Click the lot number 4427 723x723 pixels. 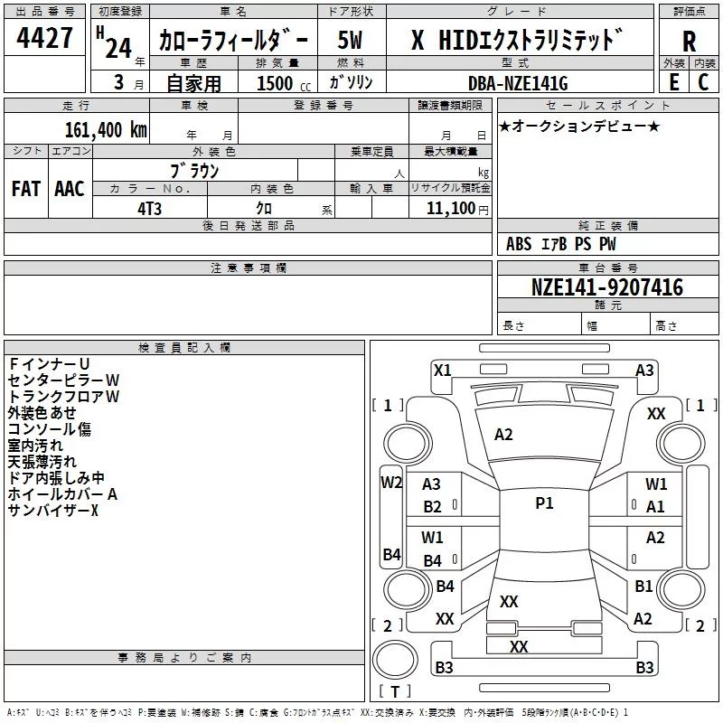pos(46,39)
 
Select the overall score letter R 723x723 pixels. pos(689,42)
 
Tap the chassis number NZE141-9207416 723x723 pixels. pos(607,287)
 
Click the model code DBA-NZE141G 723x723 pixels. pos(519,84)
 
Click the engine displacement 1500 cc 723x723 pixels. pos(275,84)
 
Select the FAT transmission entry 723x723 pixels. pos(26,188)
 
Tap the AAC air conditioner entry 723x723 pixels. pos(70,188)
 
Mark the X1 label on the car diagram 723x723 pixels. pos(443,370)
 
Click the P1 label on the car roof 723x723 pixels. pos(544,503)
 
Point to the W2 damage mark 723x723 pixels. pos(390,482)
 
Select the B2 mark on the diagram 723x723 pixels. pos(433,507)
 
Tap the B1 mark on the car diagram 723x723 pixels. pos(643,586)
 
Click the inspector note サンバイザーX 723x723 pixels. pos(52,511)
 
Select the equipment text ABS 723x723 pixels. pos(519,244)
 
